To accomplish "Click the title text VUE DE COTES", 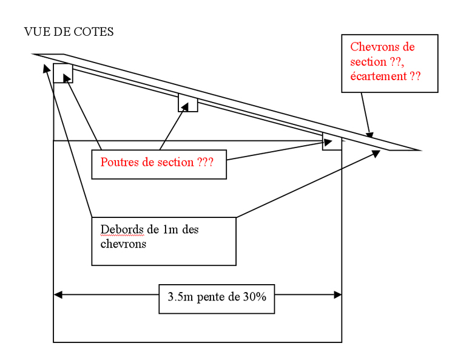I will tap(69, 32).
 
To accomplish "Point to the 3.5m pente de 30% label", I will tap(217, 298).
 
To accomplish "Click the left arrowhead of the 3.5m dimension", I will tap(58, 295).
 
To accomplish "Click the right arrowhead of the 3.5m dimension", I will tap(337, 295).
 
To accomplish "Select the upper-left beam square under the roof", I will tap(63, 73).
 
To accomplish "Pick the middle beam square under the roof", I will tap(187, 103).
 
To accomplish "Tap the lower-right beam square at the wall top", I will tap(332, 141).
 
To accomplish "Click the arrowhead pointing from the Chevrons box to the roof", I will tap(369, 135).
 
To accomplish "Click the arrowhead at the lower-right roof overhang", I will tap(376, 154).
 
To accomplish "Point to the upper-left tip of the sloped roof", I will tap(35, 55).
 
